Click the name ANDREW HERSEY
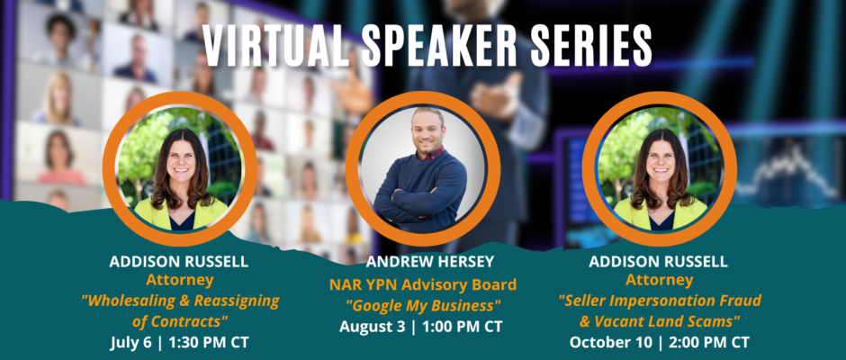(429, 262)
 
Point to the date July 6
(131, 342)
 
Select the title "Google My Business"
(423, 306)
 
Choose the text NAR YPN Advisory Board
(423, 284)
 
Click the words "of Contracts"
(180, 321)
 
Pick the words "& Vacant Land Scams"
(659, 321)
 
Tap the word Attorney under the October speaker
(660, 280)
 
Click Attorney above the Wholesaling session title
(180, 280)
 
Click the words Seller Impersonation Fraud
(660, 301)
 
